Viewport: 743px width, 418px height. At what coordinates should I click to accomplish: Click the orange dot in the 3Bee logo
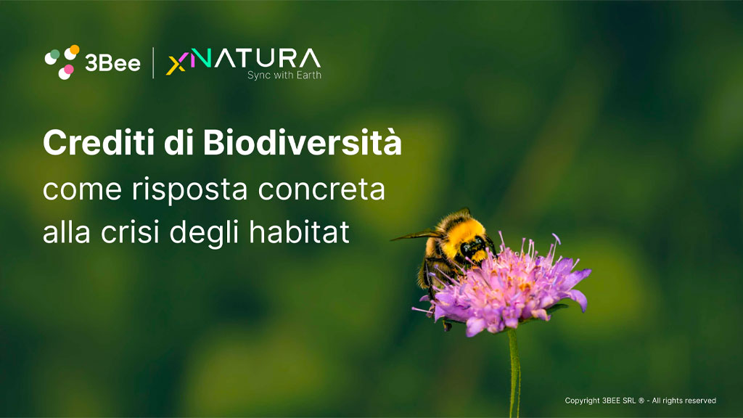(x=74, y=49)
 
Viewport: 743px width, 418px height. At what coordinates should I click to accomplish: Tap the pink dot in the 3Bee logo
(x=69, y=70)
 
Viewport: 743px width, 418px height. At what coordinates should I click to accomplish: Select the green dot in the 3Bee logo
(x=55, y=54)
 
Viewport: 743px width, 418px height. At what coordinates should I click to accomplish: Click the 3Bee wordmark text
(x=112, y=63)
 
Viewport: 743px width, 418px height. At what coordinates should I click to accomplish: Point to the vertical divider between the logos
(x=153, y=62)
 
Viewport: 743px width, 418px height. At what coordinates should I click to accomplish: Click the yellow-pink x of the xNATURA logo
(x=176, y=65)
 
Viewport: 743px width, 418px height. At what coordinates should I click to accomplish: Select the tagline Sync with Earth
(x=284, y=75)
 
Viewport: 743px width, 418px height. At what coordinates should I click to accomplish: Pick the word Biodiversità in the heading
(x=303, y=143)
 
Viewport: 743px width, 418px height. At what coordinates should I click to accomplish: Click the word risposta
(x=189, y=190)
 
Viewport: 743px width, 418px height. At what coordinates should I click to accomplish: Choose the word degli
(x=204, y=233)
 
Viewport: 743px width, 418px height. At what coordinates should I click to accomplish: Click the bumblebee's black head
(x=473, y=247)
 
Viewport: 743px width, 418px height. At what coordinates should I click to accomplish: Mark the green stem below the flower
(x=514, y=374)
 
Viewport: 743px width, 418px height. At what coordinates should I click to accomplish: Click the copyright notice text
(x=640, y=401)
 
